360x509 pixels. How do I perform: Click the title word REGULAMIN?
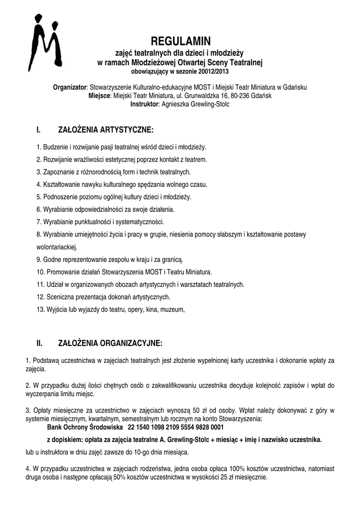coord(180,41)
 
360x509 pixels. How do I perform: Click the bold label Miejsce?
coord(100,96)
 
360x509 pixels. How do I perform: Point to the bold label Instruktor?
coord(144,104)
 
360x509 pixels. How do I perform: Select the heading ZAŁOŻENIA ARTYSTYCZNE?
coord(106,130)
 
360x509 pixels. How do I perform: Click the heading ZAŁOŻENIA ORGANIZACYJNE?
coord(110,343)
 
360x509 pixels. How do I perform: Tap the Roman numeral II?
coord(40,343)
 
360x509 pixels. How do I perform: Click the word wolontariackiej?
coord(57,247)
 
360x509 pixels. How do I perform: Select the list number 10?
coord(40,272)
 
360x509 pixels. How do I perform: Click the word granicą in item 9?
coord(173,259)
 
